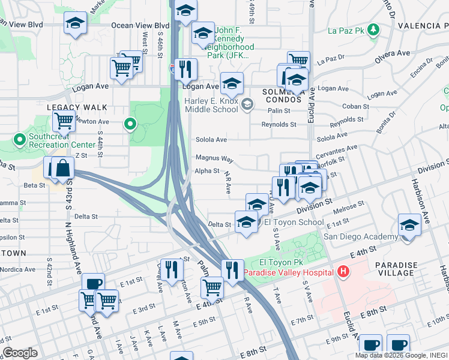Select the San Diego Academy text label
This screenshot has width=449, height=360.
[x=360, y=236]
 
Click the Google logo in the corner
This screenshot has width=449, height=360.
[x=20, y=353]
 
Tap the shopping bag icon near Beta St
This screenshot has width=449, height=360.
[x=62, y=168]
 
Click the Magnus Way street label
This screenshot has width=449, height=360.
[x=214, y=158]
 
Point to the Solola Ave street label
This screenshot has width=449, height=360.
[x=211, y=140]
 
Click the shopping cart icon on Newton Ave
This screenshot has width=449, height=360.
[x=64, y=121]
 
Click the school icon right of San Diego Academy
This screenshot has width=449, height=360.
[x=409, y=226]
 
